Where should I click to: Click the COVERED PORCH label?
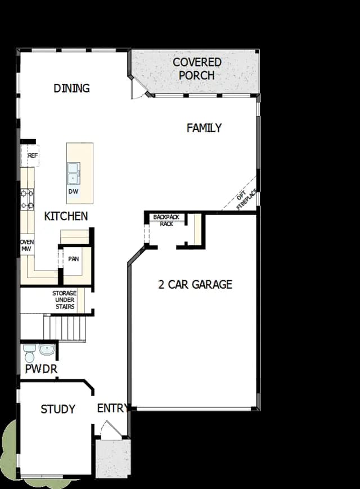click(197, 69)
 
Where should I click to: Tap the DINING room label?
click(71, 88)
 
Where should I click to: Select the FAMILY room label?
click(204, 128)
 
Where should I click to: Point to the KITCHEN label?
click(66, 216)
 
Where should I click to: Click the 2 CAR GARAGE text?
click(195, 284)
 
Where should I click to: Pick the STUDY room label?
click(58, 409)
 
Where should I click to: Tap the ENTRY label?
click(112, 408)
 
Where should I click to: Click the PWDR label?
click(41, 369)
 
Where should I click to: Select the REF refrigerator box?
click(30, 155)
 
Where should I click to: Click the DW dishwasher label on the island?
click(73, 191)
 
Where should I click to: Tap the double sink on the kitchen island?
click(74, 173)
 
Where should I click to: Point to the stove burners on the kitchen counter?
click(27, 200)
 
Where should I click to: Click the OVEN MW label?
click(27, 245)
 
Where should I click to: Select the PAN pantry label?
click(74, 259)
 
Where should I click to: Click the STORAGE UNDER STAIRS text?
click(65, 300)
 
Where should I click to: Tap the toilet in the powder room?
click(30, 353)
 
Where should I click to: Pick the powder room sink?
click(47, 349)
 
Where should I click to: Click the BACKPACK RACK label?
click(166, 220)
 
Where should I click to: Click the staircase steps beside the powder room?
click(65, 328)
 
